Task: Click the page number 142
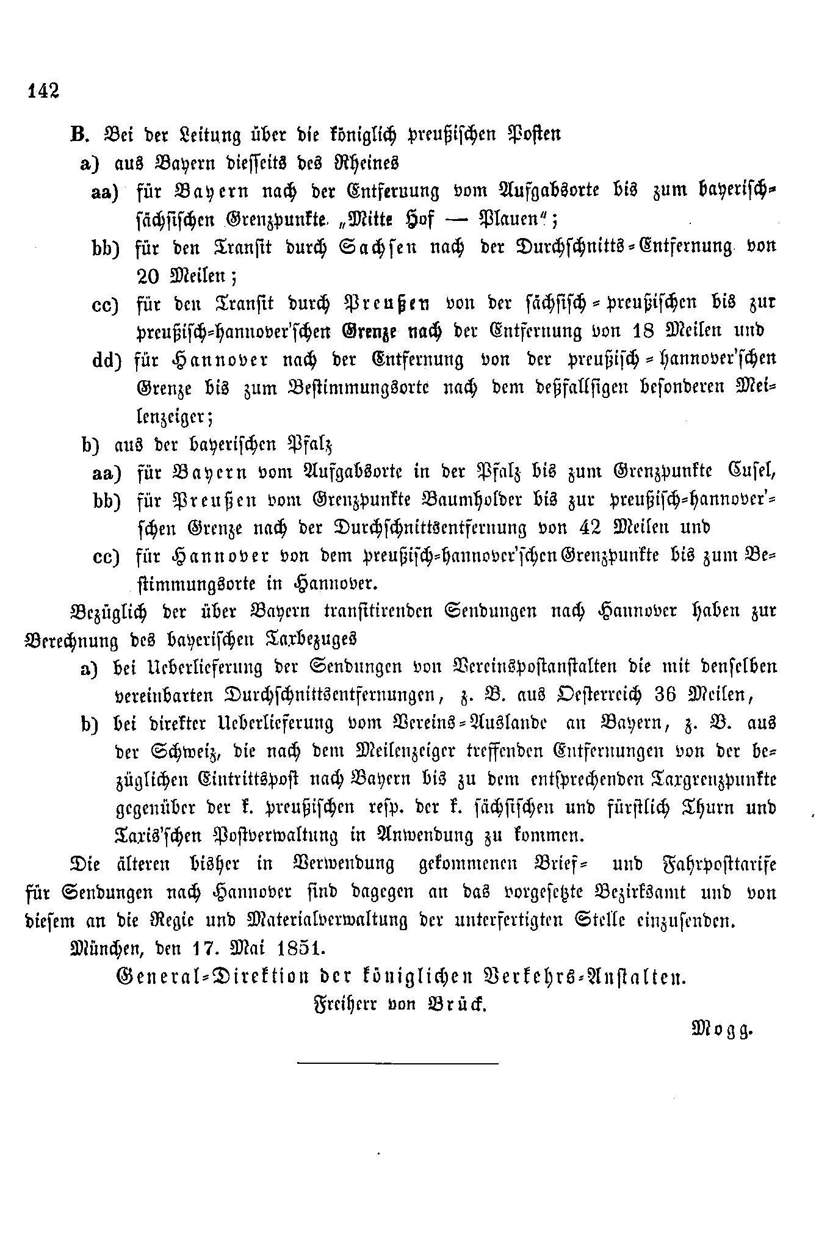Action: coord(43,90)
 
